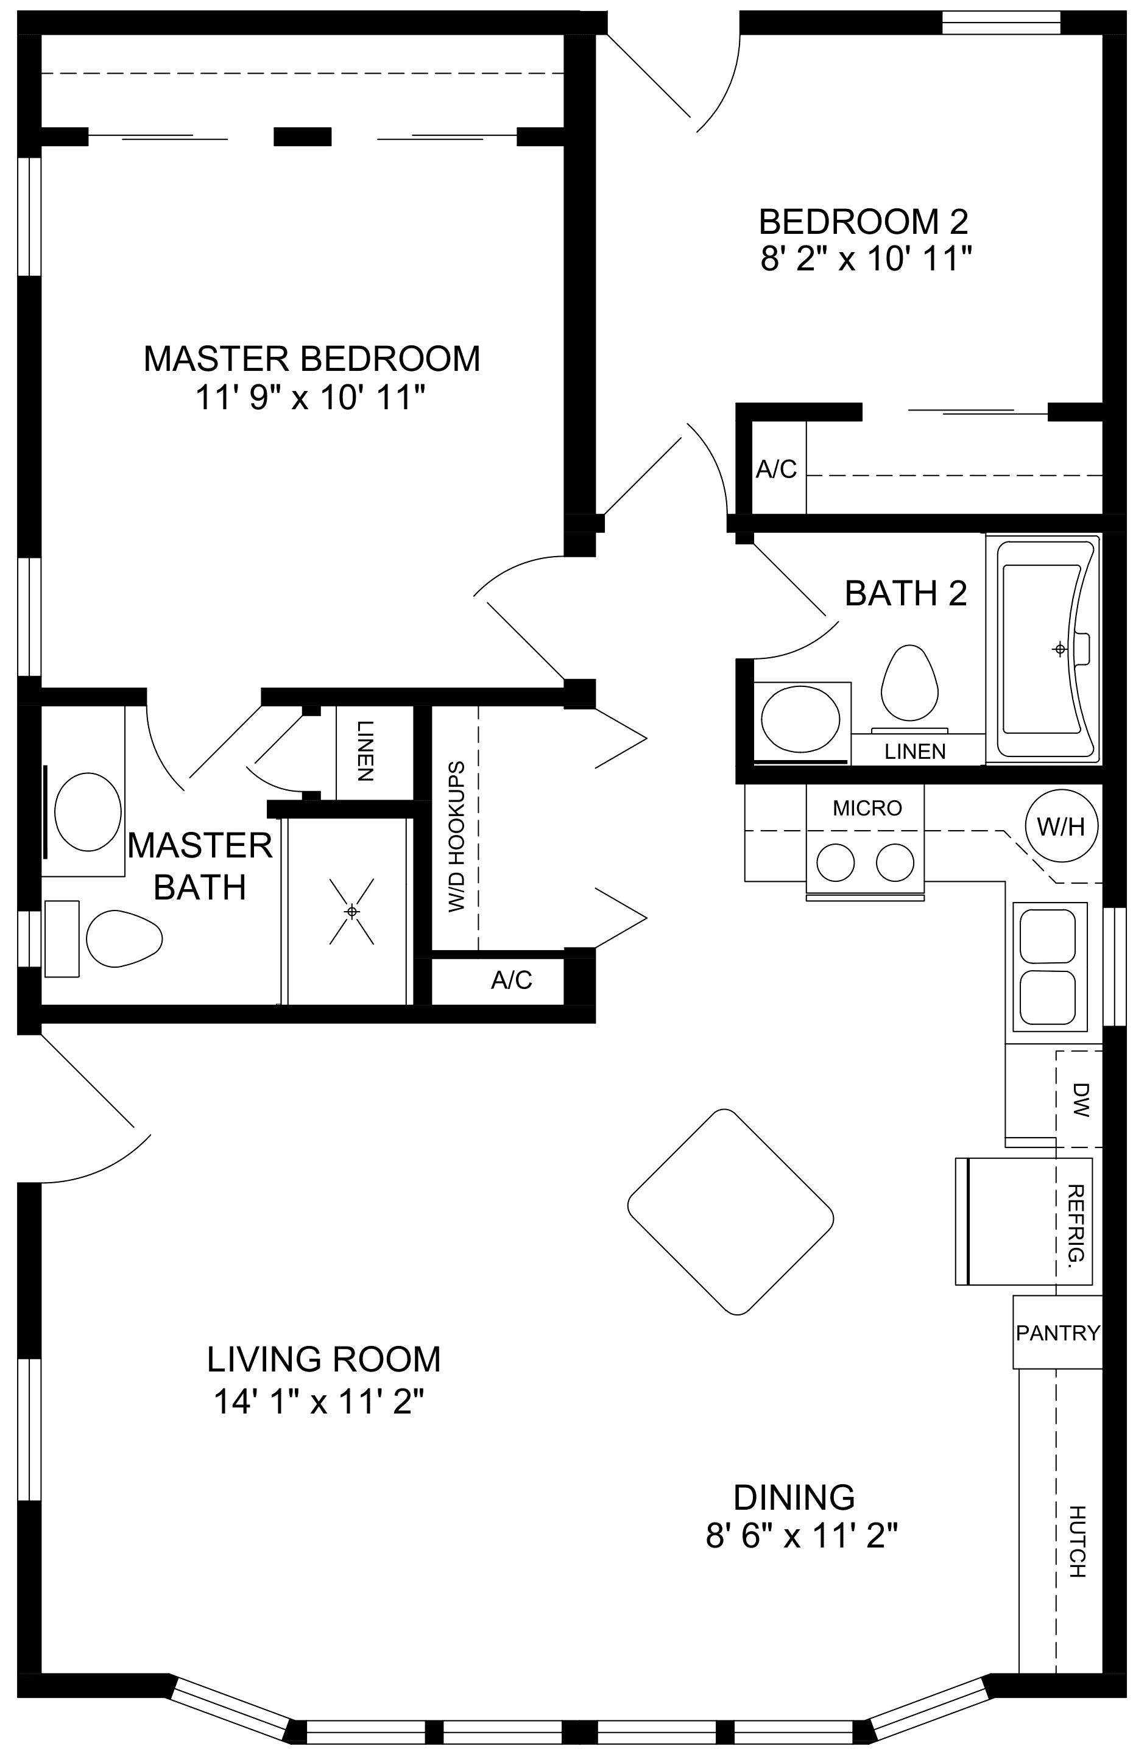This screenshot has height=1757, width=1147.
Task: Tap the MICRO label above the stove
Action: (x=867, y=808)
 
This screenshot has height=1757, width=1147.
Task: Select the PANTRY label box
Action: (x=1057, y=1333)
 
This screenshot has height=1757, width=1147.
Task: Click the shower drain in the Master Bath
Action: (x=351, y=912)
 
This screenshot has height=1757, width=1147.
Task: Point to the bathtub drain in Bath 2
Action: (x=1060, y=649)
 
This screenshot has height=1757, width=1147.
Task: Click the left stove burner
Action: (x=835, y=862)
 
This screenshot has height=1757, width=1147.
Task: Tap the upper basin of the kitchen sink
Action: (x=1047, y=936)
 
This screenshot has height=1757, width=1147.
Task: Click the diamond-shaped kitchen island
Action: (x=730, y=1212)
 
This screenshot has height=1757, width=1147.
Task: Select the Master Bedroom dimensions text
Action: (x=310, y=399)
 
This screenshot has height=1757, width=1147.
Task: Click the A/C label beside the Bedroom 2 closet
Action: (x=776, y=469)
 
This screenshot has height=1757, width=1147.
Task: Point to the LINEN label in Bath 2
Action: (x=915, y=752)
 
